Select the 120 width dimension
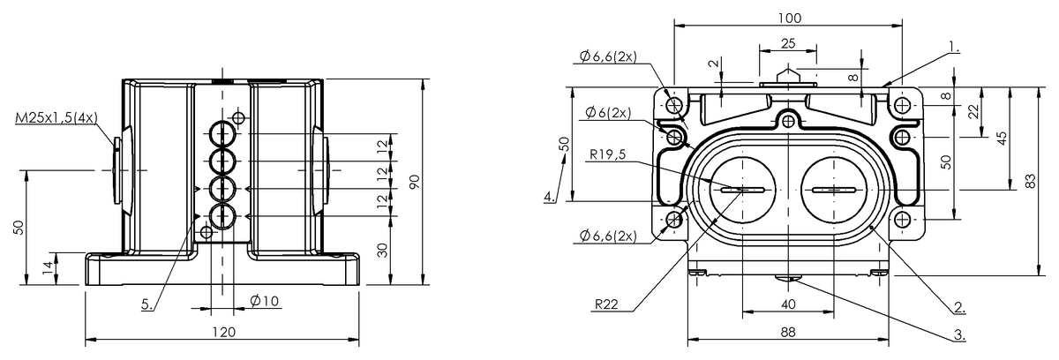point(223,332)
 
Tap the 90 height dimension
point(412,181)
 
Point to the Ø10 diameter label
point(264,302)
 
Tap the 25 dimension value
point(786,43)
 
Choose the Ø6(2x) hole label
point(605,113)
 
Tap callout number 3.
point(958,336)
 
